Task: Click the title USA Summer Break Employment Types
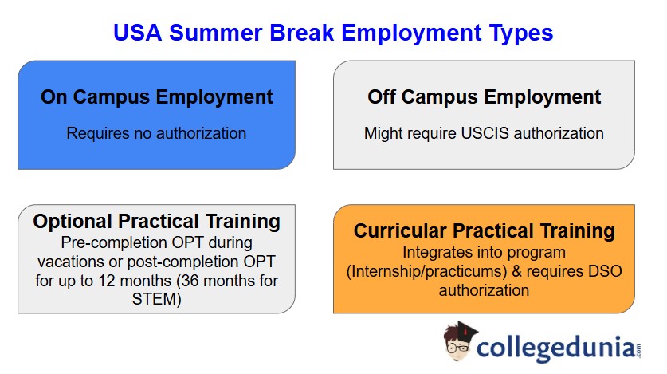pyautogui.click(x=333, y=33)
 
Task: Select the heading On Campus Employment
pyautogui.click(x=157, y=97)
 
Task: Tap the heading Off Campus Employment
pyautogui.click(x=484, y=97)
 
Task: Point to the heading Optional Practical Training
pyautogui.click(x=157, y=221)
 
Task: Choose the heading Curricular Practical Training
pyautogui.click(x=484, y=231)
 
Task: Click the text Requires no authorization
pyautogui.click(x=157, y=133)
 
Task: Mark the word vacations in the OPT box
pyautogui.click(x=89, y=262)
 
